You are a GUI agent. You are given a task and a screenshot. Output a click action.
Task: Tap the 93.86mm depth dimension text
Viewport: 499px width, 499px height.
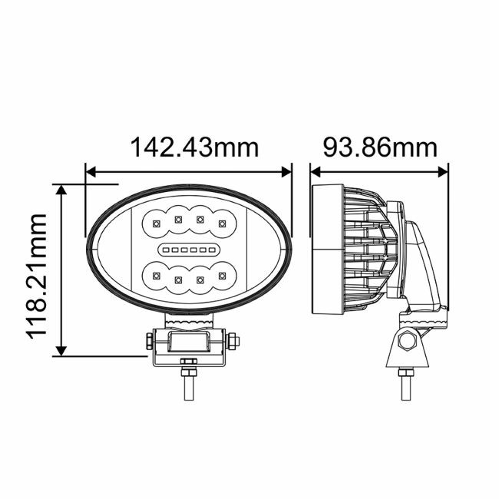[378, 147]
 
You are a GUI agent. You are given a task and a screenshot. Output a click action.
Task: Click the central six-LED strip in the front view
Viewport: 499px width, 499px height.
[188, 250]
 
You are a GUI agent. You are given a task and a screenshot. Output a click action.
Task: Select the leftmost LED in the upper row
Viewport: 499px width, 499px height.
[155, 223]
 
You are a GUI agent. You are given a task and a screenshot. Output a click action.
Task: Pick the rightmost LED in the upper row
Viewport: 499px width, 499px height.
[221, 223]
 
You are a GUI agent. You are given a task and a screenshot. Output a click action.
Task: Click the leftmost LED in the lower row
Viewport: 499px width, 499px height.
[155, 275]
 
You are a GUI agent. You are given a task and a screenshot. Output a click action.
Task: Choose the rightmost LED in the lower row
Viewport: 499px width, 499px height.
[221, 275]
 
